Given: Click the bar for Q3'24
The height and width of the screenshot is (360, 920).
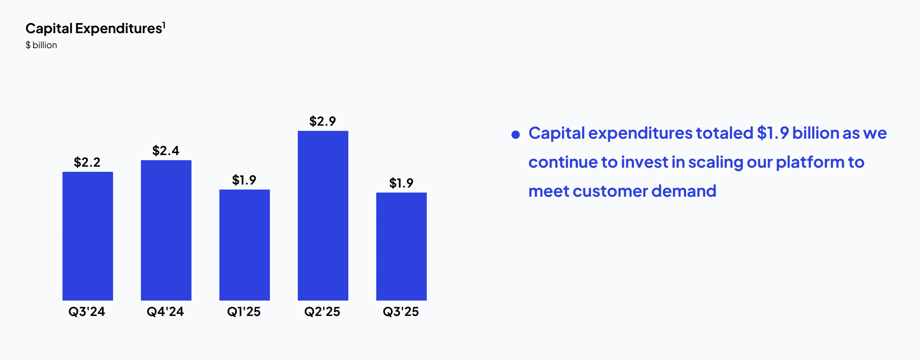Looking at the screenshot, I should coord(87,236).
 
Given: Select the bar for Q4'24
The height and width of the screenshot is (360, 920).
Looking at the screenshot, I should coord(166,230).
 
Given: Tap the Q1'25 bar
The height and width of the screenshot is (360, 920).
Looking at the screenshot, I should coord(244,245).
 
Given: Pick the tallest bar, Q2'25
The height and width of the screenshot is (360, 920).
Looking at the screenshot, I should coord(323,216).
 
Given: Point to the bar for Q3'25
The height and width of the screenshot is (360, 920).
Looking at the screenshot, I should coord(401,246).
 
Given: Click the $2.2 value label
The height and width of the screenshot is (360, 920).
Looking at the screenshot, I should coord(87,163).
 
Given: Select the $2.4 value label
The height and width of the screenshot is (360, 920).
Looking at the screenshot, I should coord(166,151).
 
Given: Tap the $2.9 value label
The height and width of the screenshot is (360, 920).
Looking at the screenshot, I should coord(322,122).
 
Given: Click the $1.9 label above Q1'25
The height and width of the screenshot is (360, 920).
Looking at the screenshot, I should coord(244,180).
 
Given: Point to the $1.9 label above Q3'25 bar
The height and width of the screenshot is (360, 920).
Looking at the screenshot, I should coord(401,183).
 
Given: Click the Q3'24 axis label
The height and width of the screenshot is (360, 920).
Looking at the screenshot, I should coord(87,312).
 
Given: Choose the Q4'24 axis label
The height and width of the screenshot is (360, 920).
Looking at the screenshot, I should coord(165,312).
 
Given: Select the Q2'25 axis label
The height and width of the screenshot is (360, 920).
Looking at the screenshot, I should coord(322,312).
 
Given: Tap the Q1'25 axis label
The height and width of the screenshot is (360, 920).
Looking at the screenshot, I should coord(244,312).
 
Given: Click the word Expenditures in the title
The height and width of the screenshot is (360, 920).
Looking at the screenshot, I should coord(119,29).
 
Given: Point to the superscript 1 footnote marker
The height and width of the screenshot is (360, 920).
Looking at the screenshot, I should coord(164,25).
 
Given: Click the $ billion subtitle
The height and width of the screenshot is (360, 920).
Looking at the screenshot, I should coord(41,45).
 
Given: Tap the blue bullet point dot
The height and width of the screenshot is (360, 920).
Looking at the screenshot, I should coord(515,135).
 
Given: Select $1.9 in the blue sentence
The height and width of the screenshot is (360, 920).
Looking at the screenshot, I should coord(772,133).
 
